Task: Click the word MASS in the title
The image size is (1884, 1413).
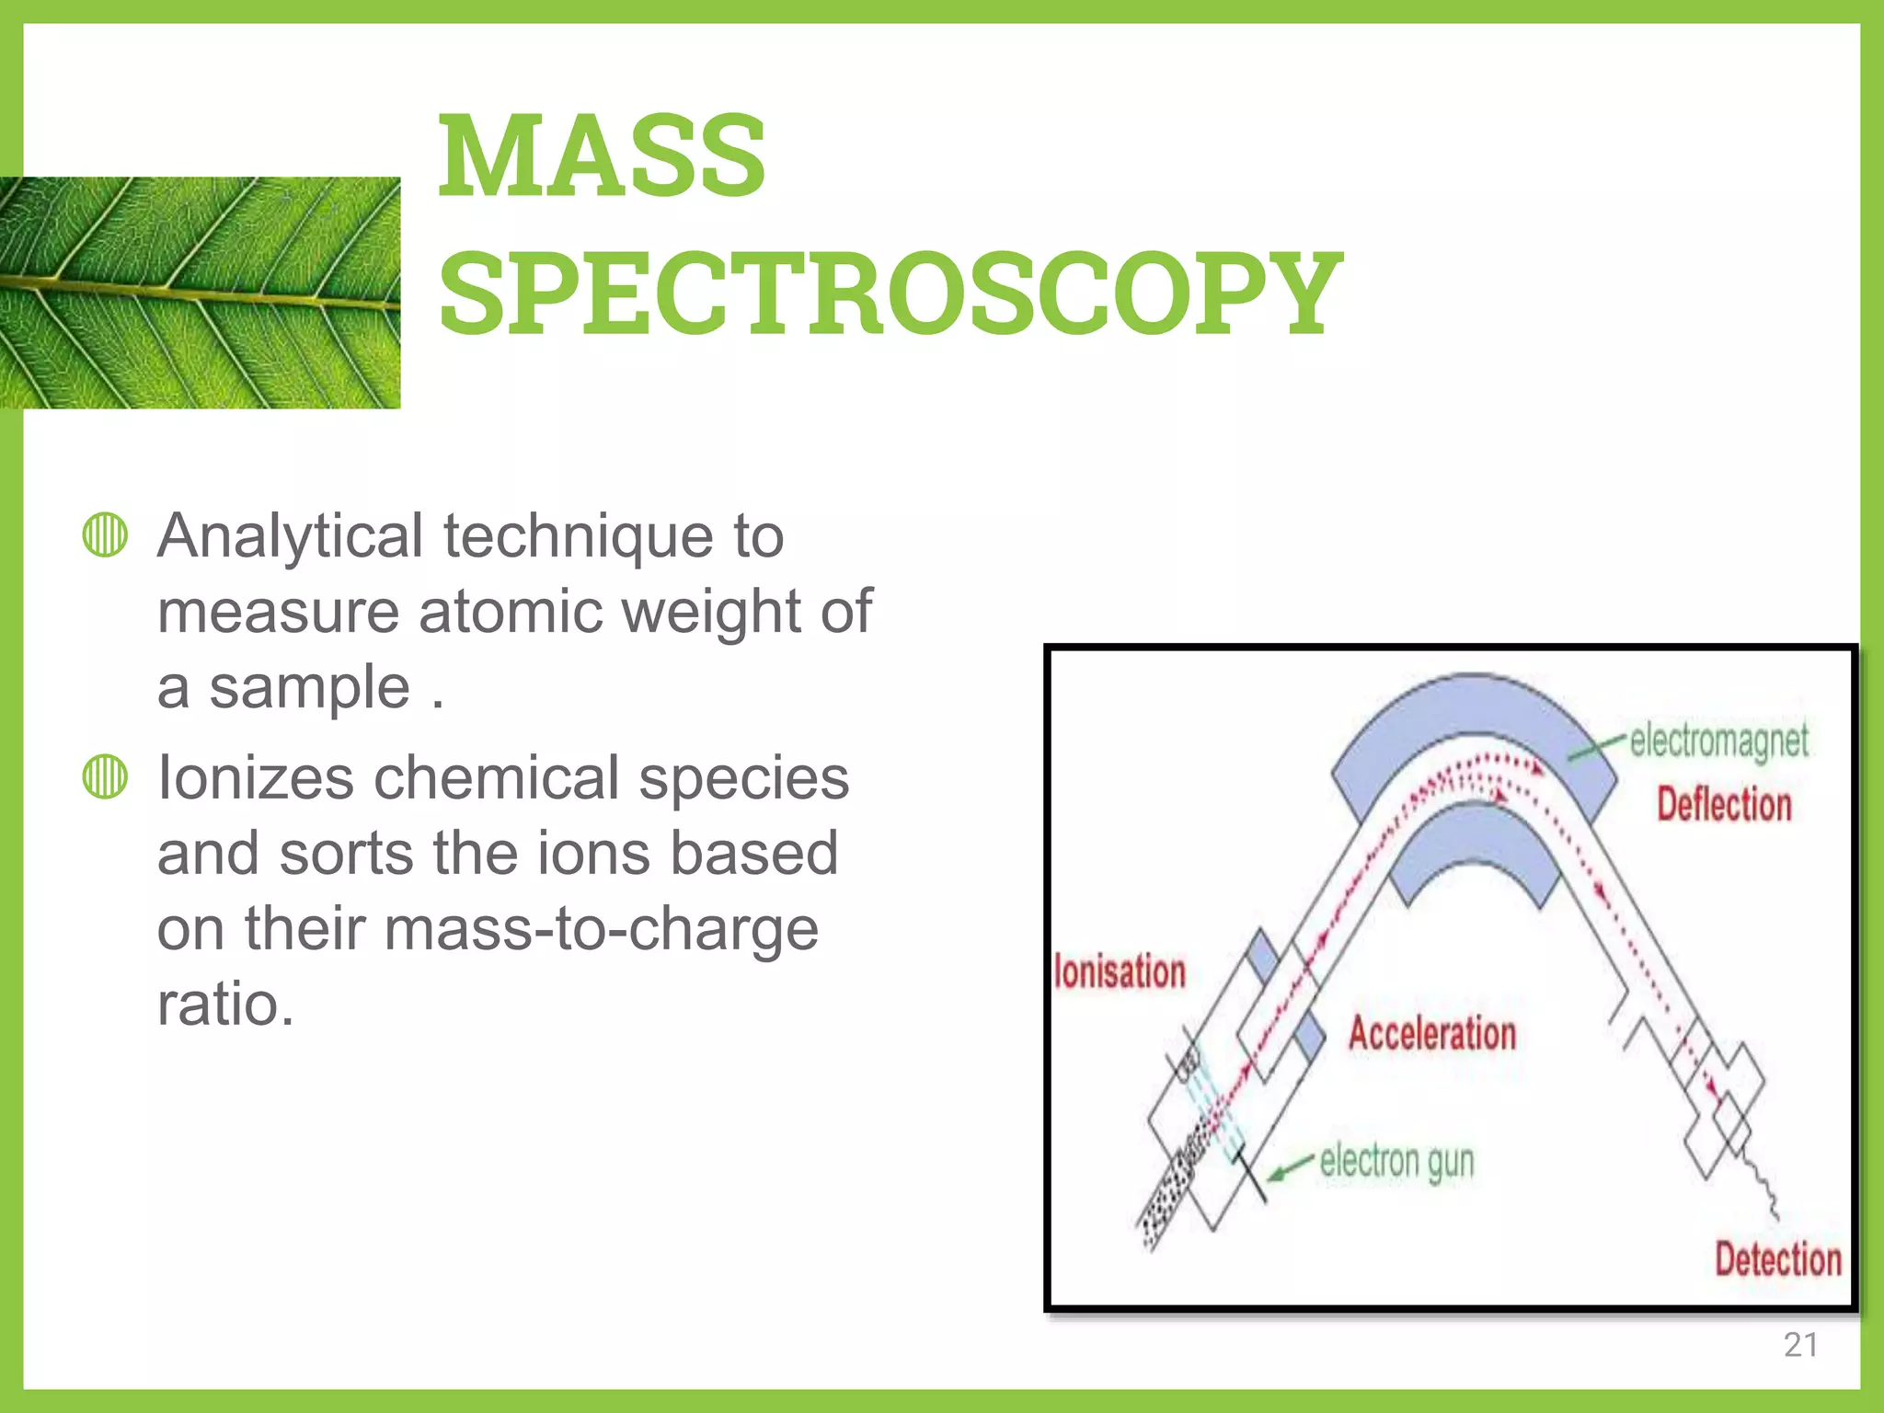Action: [602, 155]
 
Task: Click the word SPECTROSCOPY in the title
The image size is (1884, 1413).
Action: [890, 293]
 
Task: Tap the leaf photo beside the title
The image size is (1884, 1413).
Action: [200, 293]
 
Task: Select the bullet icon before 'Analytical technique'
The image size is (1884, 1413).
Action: [105, 534]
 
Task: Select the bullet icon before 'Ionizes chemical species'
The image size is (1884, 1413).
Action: [105, 776]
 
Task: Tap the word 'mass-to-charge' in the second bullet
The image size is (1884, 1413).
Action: [601, 928]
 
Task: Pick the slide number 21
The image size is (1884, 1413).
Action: [1800, 1345]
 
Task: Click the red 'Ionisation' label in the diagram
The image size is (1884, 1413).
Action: [1120, 972]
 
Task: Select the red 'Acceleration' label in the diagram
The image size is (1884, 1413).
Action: [1432, 1033]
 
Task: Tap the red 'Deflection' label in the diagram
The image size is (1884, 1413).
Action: [1724, 804]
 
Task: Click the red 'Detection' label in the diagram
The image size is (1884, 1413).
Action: [1777, 1258]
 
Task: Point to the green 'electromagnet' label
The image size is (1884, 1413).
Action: [1718, 741]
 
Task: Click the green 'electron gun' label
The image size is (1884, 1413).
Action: [1396, 1162]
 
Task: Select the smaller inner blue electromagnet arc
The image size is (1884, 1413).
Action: [1472, 842]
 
